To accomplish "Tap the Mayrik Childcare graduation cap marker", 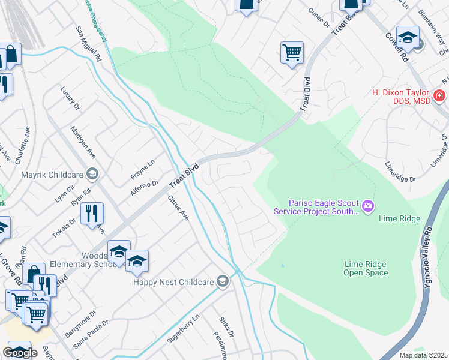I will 92,175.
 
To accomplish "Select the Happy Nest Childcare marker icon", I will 223,281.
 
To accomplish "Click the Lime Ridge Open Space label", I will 365,268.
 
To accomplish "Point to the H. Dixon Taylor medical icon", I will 439,95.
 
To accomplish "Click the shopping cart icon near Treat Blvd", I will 292,52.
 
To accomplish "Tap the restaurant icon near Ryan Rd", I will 92,213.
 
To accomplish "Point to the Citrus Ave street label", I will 178,208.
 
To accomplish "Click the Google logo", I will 20,353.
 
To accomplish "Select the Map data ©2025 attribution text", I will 424,355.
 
